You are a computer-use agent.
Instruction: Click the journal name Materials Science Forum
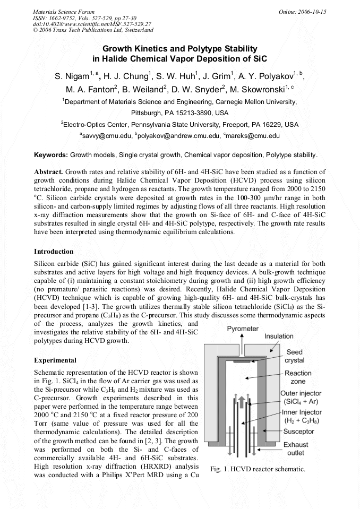coord(64,11)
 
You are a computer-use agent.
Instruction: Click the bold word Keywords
coord(50,155)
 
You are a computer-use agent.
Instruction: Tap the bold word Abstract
coord(48,173)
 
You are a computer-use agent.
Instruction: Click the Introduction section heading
coord(54,251)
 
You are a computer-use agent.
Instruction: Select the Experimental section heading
coord(55,360)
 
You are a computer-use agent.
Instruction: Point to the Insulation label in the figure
coord(278,336)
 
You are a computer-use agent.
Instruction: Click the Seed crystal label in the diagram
coord(294,356)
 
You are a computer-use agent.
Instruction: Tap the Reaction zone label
coord(298,377)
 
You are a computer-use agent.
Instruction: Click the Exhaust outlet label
coord(295,449)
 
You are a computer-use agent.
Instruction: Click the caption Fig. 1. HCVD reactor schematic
coord(258,469)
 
